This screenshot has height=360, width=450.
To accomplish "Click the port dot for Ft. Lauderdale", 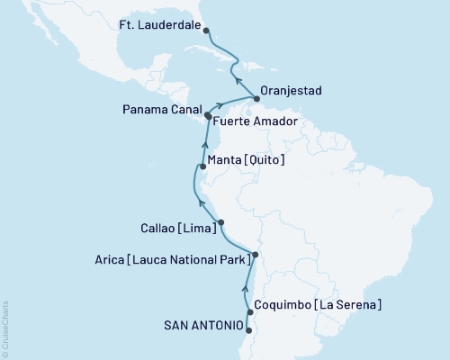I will pos(206,31).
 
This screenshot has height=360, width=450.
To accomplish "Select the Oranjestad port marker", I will pos(256,100).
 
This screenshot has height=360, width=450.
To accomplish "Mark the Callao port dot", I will pos(221,222).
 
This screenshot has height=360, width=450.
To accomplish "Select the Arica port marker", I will pos(255,256).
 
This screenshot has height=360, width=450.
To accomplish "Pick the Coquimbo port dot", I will pos(249,312).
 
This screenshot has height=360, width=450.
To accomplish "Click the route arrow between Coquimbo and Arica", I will pos(245,288).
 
